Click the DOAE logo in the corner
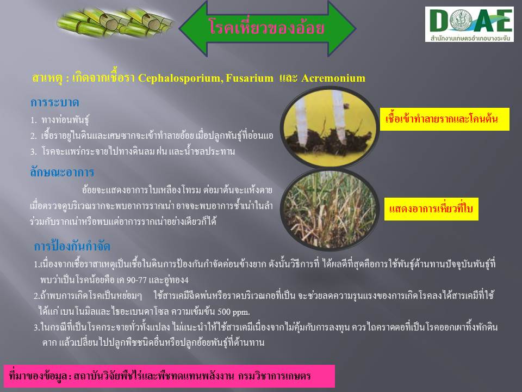tap(469, 24)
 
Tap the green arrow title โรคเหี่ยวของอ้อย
tap(268, 28)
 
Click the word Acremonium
tap(333, 78)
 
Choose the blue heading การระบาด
tap(54, 102)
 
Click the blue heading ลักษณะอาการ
tap(62, 173)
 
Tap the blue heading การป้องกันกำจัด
tap(72, 246)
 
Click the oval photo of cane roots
tap(330, 127)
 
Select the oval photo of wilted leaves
tap(330, 209)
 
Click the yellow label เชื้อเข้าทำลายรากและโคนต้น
tap(444, 119)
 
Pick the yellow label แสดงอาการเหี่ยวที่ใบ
tap(431, 209)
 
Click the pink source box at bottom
tap(169, 376)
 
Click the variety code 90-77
tap(136, 280)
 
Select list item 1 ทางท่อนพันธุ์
tap(60, 120)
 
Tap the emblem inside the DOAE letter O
tap(461, 20)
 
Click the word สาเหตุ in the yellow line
tap(47, 78)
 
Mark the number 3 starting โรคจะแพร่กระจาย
tap(33, 152)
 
